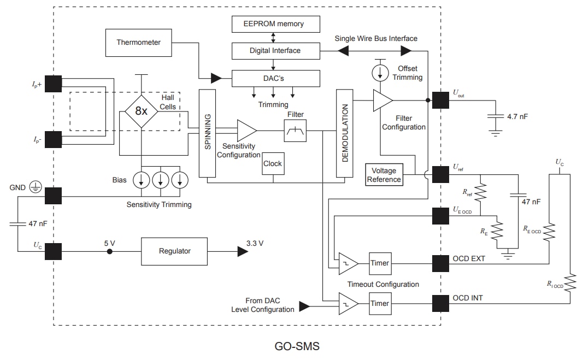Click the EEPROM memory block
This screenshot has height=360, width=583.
(x=275, y=24)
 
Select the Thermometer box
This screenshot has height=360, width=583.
(x=138, y=42)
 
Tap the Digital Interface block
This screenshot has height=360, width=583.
(x=275, y=51)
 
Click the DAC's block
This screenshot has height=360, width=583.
(x=275, y=79)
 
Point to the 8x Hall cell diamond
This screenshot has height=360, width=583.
(x=142, y=111)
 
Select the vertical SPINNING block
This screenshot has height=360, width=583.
(x=208, y=133)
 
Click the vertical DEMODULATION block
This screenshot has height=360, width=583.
(x=345, y=133)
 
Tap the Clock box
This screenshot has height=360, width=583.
(x=273, y=163)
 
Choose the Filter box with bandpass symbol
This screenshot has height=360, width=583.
(x=295, y=131)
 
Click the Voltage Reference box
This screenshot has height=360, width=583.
(x=384, y=175)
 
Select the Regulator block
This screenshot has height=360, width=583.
(x=174, y=251)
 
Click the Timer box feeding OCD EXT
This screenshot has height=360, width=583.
(x=380, y=263)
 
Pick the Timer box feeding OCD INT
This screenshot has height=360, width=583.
(x=380, y=304)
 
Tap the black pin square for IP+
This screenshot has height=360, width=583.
(x=53, y=84)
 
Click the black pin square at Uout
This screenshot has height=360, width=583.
(x=440, y=100)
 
